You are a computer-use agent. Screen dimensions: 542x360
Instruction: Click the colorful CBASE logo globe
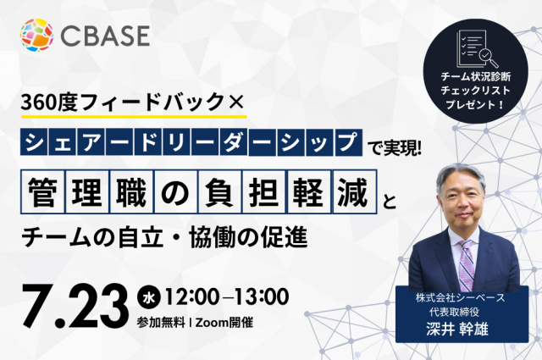[x=37, y=35]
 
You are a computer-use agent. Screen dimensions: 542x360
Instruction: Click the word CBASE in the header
[x=105, y=36]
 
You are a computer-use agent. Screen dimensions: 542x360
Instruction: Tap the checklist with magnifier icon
[x=476, y=48]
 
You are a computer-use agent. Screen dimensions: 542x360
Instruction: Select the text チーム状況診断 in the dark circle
[x=476, y=76]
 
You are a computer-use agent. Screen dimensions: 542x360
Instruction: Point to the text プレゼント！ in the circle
[x=476, y=104]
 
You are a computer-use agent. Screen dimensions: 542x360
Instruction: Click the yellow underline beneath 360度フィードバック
[x=134, y=117]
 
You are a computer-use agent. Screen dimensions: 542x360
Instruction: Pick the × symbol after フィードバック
[x=236, y=102]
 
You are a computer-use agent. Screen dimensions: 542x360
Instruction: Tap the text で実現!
[x=394, y=148]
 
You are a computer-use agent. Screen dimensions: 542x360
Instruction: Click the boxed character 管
[x=42, y=191]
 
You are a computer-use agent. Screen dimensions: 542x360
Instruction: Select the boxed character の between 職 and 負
[x=175, y=191]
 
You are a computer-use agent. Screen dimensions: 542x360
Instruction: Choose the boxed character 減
[x=354, y=191]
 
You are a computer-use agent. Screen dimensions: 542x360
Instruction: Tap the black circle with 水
[x=149, y=298]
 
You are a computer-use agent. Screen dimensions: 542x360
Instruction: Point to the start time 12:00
[x=192, y=297]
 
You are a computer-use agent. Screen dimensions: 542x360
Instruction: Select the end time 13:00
[x=262, y=297]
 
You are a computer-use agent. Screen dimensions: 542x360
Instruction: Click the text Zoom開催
[x=224, y=323]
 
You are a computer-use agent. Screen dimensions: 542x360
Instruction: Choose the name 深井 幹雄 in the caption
[x=457, y=330]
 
